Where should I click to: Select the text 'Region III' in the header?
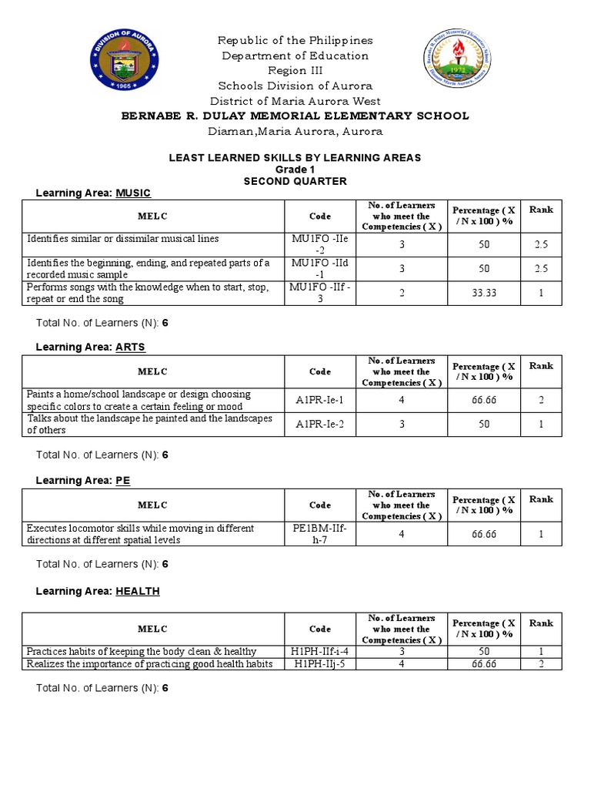click(x=295, y=70)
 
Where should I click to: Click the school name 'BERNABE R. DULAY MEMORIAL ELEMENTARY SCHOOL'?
click(x=295, y=116)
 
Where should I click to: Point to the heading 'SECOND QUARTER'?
click(x=295, y=181)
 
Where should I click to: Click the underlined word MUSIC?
click(x=133, y=193)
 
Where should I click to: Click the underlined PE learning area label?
click(x=123, y=480)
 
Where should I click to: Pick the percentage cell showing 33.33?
click(x=485, y=293)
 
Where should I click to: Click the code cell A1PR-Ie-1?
click(x=320, y=400)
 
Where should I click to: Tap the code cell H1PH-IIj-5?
click(x=320, y=663)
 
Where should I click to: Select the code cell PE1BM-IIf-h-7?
click(x=320, y=534)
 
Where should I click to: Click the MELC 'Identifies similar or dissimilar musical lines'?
click(x=123, y=239)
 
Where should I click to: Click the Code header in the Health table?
click(x=320, y=629)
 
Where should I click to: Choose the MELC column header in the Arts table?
click(x=152, y=371)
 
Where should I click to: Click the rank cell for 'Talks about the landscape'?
click(x=541, y=425)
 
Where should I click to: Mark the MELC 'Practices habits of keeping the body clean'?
click(x=142, y=651)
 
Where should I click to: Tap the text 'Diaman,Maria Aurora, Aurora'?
click(x=295, y=131)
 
